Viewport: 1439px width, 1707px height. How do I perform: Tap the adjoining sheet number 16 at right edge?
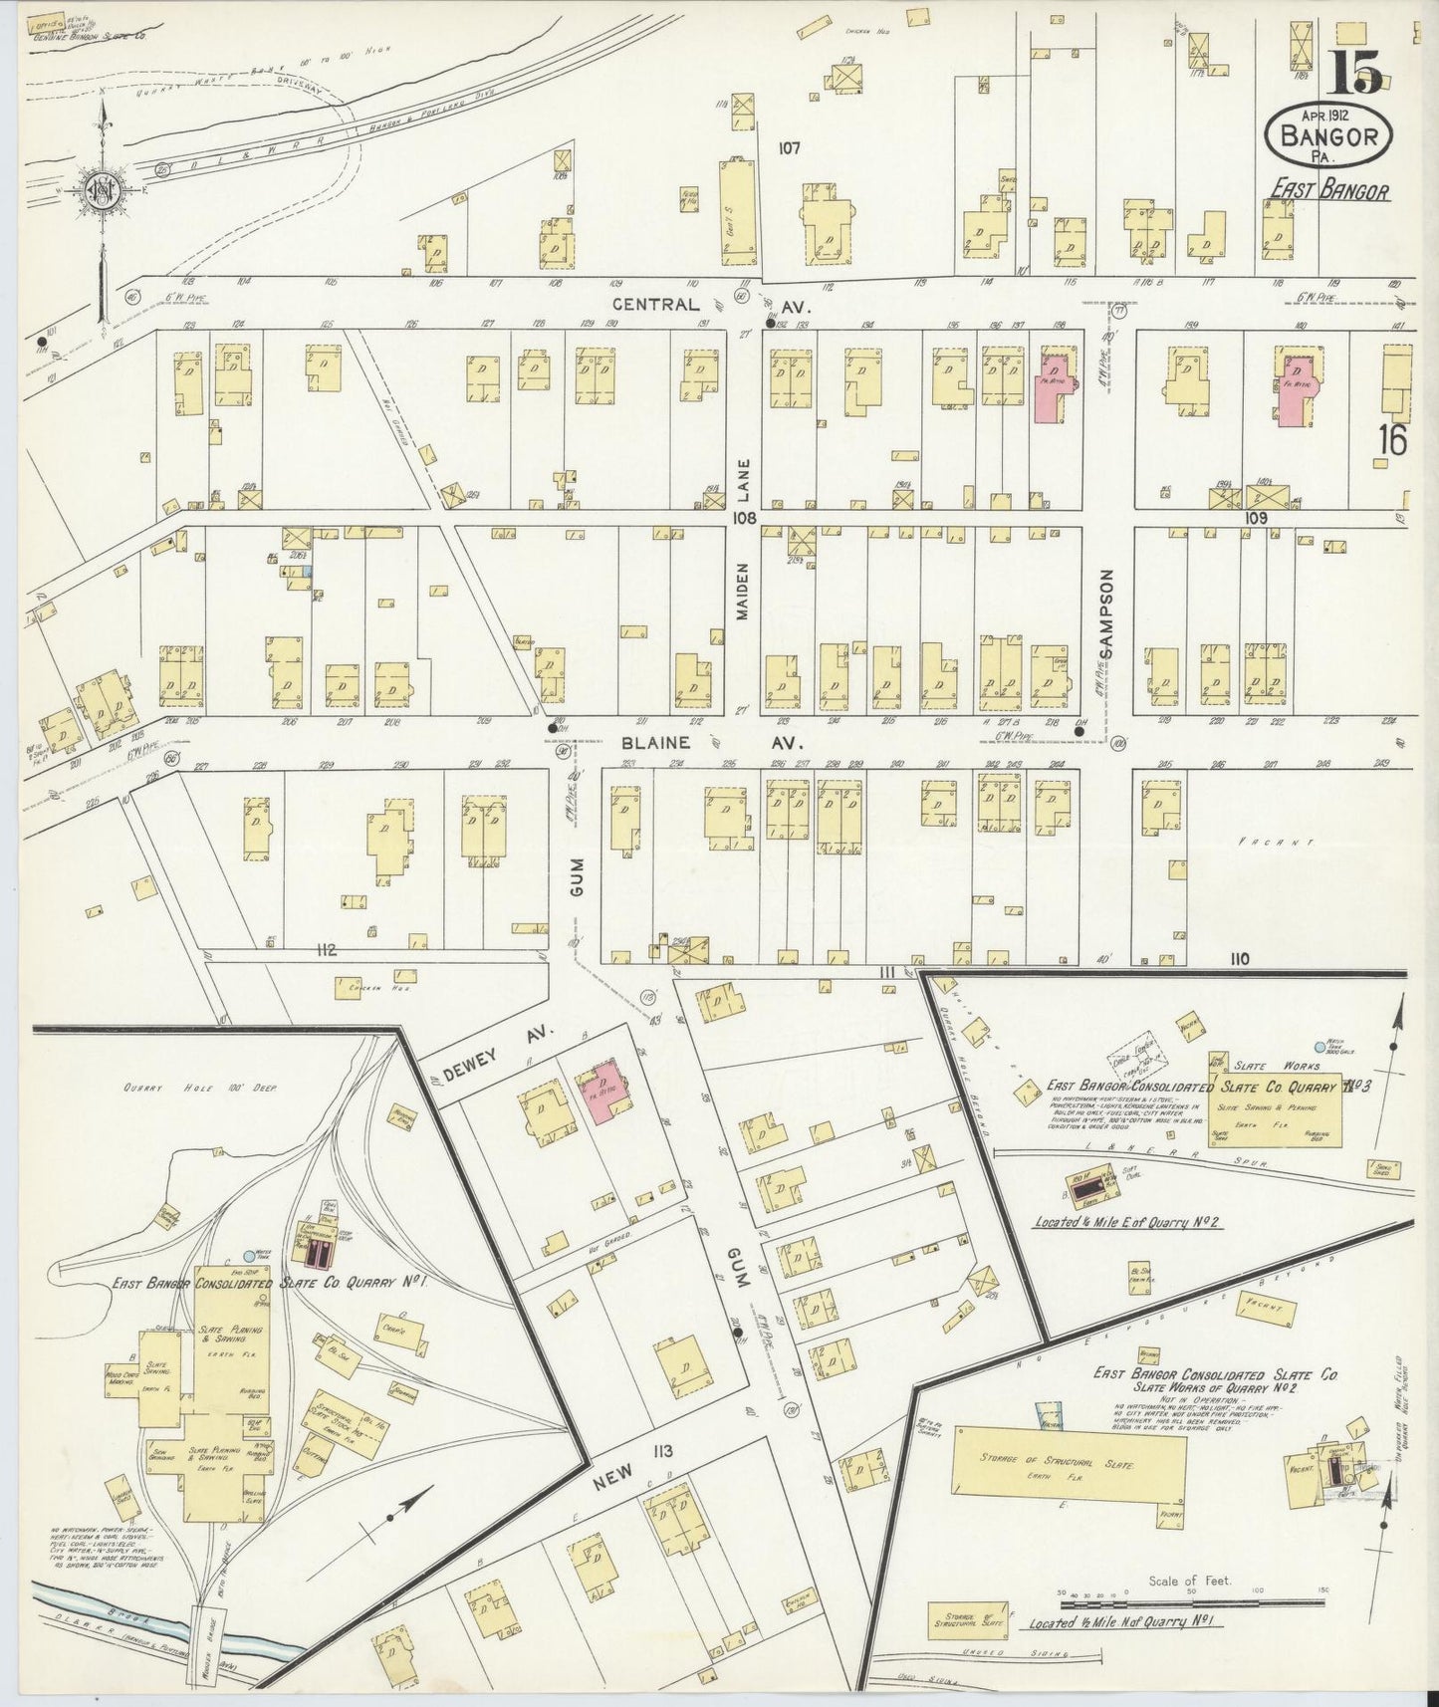click(1391, 439)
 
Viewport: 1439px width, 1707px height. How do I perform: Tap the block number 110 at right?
click(1238, 959)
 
